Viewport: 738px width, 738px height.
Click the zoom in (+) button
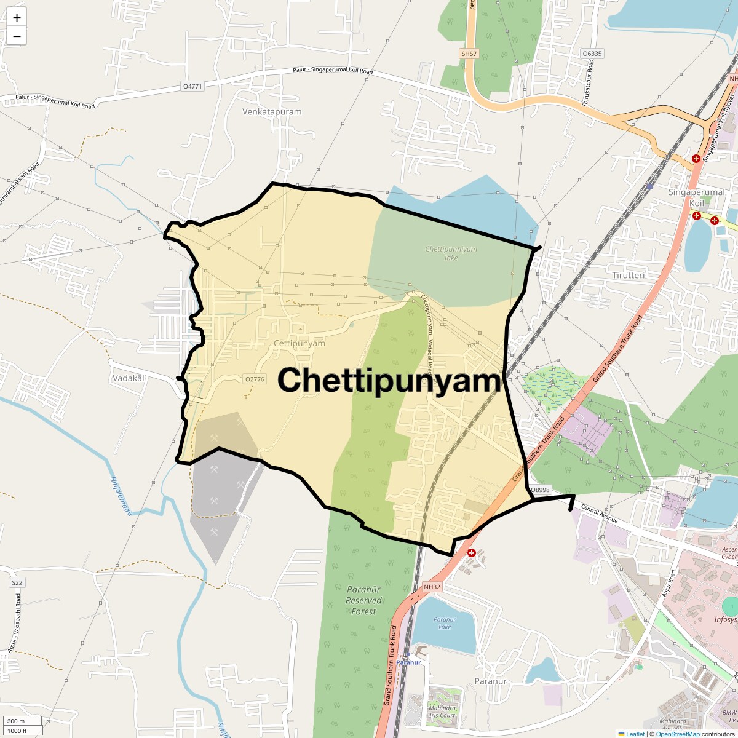(x=17, y=18)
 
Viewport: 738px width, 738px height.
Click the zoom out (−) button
(x=17, y=36)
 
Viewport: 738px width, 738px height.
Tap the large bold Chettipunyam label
(x=389, y=381)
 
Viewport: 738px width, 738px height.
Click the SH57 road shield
(x=469, y=54)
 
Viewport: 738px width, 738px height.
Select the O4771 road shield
(x=192, y=87)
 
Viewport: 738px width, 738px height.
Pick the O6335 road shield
(x=592, y=54)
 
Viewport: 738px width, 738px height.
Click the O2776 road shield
(x=255, y=379)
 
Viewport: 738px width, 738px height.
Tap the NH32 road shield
(x=432, y=587)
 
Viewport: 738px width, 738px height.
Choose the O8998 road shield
(x=540, y=490)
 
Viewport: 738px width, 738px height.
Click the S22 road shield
(x=17, y=582)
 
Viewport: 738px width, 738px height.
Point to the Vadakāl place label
(x=128, y=378)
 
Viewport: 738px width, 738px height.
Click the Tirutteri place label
(x=628, y=276)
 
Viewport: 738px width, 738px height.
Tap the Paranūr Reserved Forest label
(x=363, y=600)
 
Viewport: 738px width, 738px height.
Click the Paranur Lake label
(x=444, y=623)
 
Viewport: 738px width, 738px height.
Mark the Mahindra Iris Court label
(x=443, y=712)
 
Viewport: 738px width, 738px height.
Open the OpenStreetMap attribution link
(x=678, y=734)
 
